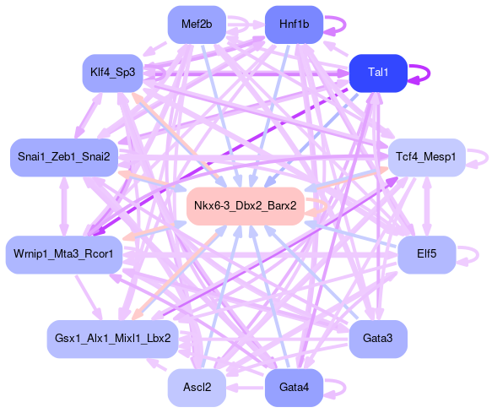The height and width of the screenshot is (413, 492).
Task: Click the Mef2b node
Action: [x=197, y=24]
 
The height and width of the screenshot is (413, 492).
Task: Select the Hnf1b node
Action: [x=294, y=24]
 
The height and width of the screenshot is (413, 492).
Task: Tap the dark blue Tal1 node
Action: [x=378, y=73]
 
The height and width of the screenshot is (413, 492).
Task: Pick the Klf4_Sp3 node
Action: [x=112, y=73]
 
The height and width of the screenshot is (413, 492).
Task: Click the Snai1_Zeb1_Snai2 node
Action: [x=64, y=157]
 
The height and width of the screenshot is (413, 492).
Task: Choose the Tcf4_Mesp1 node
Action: [x=427, y=157]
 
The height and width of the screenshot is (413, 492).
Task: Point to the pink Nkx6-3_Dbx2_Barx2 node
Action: [x=246, y=206]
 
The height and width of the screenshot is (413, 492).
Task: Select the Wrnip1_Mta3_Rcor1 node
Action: [x=64, y=255]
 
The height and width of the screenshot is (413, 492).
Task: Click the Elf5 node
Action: [x=427, y=255]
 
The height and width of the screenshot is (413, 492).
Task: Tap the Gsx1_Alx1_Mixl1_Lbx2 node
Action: [x=112, y=340]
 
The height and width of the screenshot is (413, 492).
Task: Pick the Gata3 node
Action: [x=378, y=340]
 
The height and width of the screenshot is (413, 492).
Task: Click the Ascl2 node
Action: [x=197, y=388]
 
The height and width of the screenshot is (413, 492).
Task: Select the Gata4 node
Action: [x=294, y=388]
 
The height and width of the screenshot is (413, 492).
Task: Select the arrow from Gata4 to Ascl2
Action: [x=246, y=388]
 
